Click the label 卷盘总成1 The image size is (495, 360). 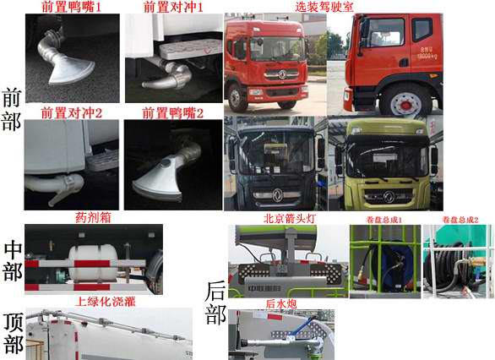pos(384,220)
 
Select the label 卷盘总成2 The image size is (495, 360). pos(460,220)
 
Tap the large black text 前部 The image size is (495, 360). pos(13,108)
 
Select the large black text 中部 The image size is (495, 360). pos(13,261)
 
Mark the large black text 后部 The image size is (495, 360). pos(215,304)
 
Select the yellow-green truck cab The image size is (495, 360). pos(385,165)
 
